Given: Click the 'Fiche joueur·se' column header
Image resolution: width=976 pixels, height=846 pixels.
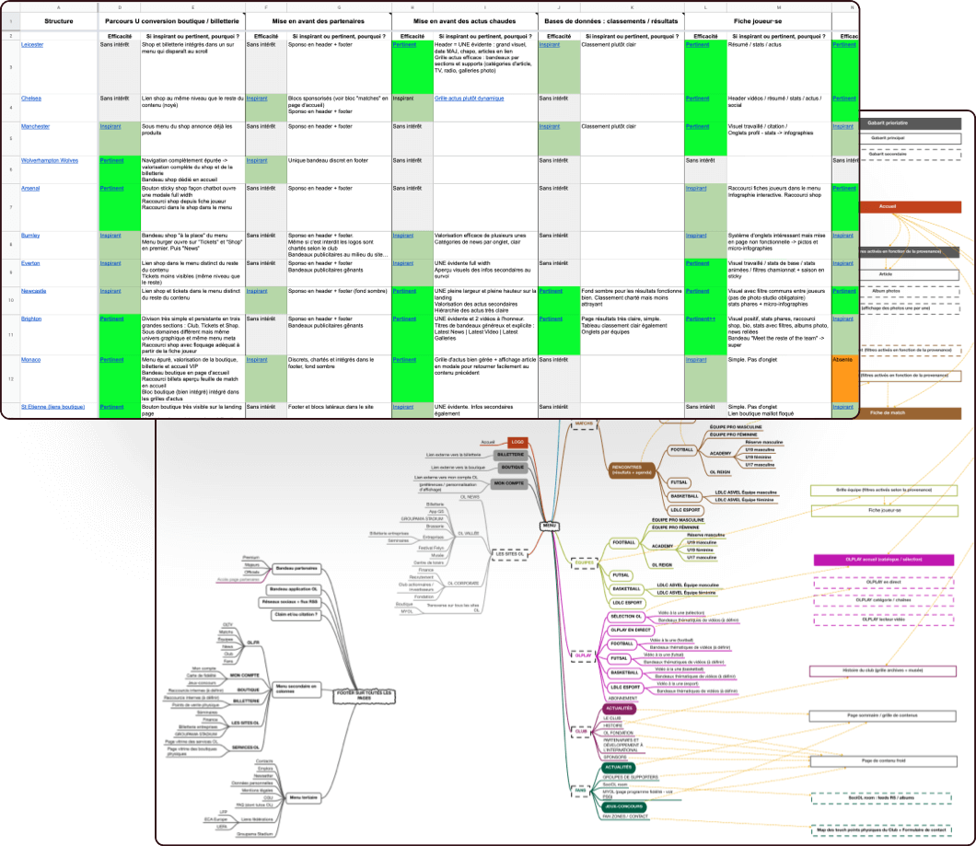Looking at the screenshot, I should click(x=758, y=19).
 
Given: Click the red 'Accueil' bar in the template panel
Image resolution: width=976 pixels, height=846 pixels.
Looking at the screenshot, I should click(x=888, y=207).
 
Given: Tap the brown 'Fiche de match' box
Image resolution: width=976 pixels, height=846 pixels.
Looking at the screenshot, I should click(x=888, y=412).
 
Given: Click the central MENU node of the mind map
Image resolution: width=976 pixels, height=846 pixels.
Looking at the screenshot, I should click(x=550, y=526).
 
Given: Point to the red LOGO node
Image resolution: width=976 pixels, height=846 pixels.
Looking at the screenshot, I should click(x=518, y=442).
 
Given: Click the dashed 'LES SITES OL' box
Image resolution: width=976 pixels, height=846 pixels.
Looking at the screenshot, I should click(x=509, y=554).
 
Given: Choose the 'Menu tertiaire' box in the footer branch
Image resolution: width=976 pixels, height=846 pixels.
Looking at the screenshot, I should click(x=303, y=797).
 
